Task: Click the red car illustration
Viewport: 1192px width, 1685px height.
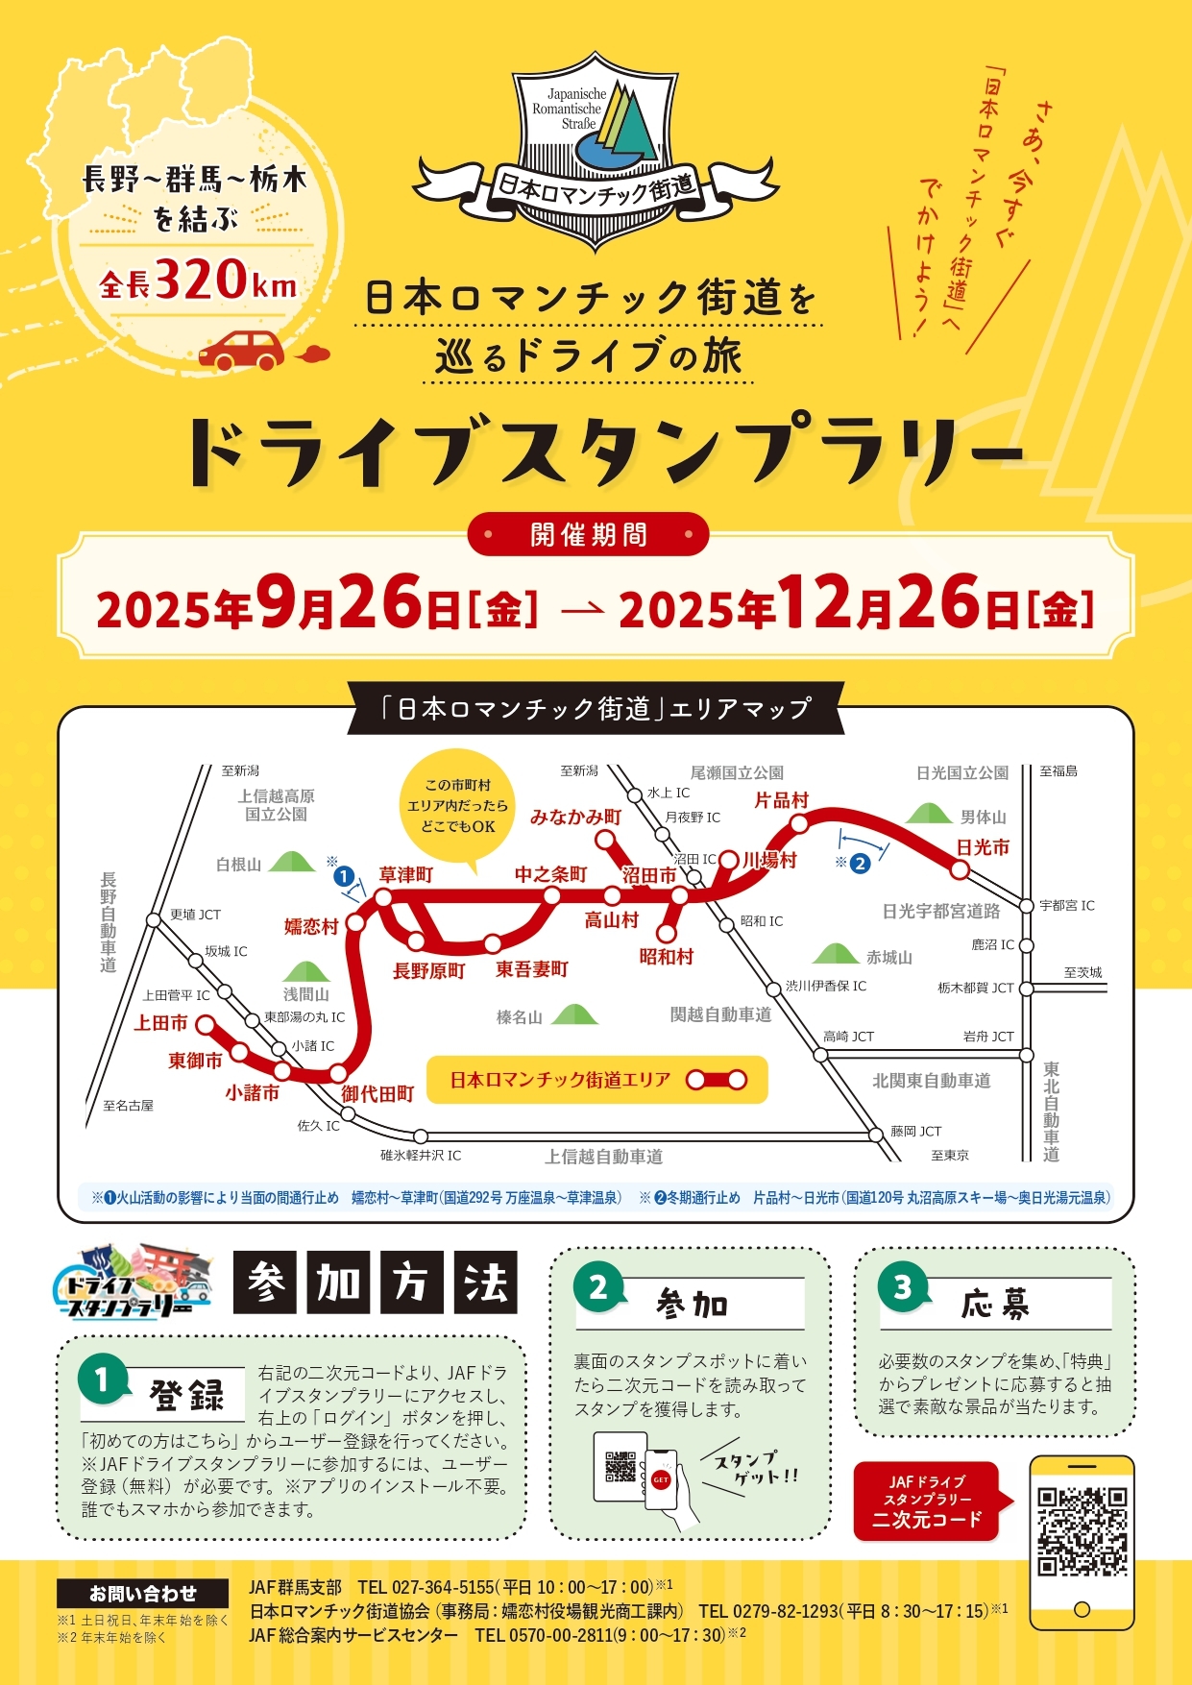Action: pos(242,351)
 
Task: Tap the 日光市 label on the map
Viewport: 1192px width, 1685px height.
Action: pos(982,847)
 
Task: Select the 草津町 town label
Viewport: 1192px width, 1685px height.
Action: pos(405,874)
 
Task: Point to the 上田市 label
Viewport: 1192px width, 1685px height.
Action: pos(160,1023)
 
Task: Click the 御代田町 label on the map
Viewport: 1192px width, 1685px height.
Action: pos(377,1093)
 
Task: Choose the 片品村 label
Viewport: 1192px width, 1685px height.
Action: pos(781,800)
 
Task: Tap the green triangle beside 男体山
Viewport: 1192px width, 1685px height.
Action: pos(929,814)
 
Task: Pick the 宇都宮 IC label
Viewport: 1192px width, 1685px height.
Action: pos(1066,905)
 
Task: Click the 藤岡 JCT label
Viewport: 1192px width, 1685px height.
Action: pos(915,1131)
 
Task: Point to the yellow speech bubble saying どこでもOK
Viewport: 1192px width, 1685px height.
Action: pos(458,805)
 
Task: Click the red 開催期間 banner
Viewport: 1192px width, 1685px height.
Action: pos(588,534)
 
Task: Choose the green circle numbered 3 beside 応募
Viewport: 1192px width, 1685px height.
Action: pos(902,1286)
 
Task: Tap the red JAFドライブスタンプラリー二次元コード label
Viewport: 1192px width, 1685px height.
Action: pos(926,1501)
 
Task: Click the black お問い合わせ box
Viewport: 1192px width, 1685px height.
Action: pos(142,1594)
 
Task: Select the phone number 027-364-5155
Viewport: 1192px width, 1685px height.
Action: pos(443,1587)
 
